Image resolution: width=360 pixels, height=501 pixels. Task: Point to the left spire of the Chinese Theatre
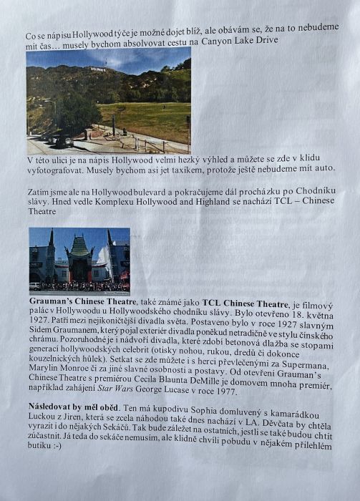click(x=51, y=238)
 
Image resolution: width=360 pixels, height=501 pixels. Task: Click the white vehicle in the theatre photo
click(x=35, y=285)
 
